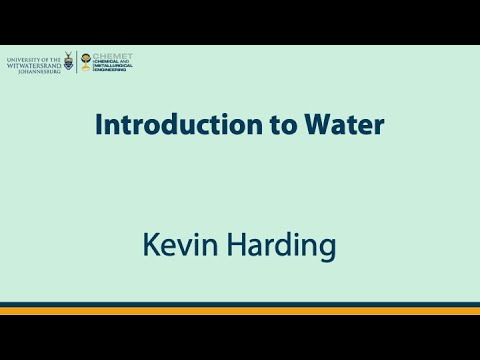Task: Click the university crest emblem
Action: [x=68, y=62]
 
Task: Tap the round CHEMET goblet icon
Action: [x=86, y=62]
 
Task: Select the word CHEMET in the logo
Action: [x=112, y=55]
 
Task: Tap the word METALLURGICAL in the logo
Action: [x=113, y=66]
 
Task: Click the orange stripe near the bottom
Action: [x=240, y=311]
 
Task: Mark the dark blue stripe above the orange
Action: [x=240, y=304]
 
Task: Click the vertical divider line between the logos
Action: [x=77, y=62]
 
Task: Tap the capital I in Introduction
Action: [x=99, y=126]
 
